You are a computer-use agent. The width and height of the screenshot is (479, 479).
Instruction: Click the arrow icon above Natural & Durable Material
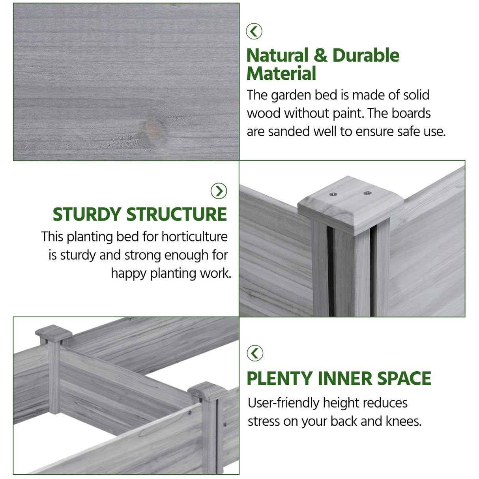point(254,31)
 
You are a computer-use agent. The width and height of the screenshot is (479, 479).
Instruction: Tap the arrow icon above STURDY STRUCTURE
point(219,191)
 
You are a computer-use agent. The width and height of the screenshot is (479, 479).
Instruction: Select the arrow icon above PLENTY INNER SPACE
point(255,353)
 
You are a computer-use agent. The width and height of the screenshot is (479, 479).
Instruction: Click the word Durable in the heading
point(366,55)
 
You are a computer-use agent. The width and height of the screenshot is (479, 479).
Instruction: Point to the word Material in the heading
point(281,73)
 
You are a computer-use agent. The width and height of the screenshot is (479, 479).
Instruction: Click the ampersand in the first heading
point(320,56)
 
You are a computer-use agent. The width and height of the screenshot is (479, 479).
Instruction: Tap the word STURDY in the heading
point(87,214)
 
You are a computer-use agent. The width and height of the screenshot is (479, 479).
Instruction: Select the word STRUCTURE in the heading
point(177,214)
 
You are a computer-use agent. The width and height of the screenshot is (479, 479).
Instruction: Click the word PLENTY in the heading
point(280,378)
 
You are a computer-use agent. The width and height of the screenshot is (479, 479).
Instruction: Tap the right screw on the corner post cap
point(367,193)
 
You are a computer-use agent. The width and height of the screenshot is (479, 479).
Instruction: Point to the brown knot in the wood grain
point(155,129)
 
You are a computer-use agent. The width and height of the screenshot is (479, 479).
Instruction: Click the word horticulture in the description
point(195,236)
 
